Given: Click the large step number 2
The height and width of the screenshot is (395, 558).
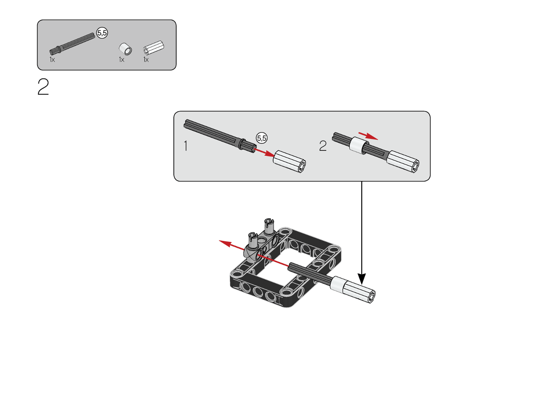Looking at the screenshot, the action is pos(43,87).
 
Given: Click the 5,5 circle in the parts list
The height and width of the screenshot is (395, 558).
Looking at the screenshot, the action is pos(102,33).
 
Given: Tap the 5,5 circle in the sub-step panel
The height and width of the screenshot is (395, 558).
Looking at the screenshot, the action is pos(262,138).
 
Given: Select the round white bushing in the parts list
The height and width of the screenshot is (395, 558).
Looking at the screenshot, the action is pos(125,49).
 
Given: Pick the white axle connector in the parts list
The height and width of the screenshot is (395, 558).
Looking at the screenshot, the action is pos(153,47).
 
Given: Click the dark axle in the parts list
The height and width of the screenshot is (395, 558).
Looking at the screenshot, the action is pos(72,44).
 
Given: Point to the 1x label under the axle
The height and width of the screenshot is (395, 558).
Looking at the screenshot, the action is pos(52,60).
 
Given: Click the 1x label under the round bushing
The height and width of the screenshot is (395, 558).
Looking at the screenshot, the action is pos(122,60).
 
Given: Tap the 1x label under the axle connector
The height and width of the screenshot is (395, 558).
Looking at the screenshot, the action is pos(146,60).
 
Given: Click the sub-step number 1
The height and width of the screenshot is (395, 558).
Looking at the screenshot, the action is pos(186,146).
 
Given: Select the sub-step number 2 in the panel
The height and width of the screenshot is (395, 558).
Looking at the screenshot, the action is pos(323,146).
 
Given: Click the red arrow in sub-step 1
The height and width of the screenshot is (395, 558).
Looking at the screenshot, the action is pos(264,152).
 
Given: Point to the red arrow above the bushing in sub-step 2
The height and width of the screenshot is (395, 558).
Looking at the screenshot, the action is pos(368,136).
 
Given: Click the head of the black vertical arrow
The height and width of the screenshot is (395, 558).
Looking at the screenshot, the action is pos(362,279).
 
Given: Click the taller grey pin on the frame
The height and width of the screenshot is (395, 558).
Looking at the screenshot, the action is pos(269,226).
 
